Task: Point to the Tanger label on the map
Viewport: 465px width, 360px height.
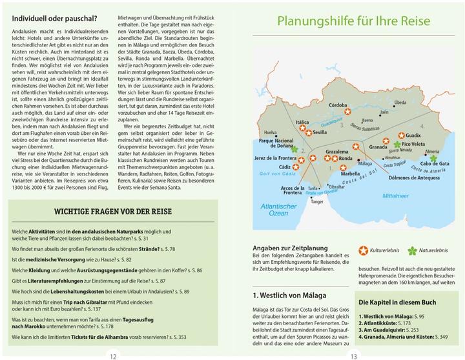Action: (317, 201)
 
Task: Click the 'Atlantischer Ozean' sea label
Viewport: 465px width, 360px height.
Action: (278, 208)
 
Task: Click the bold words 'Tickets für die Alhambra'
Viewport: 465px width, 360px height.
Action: (103, 336)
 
